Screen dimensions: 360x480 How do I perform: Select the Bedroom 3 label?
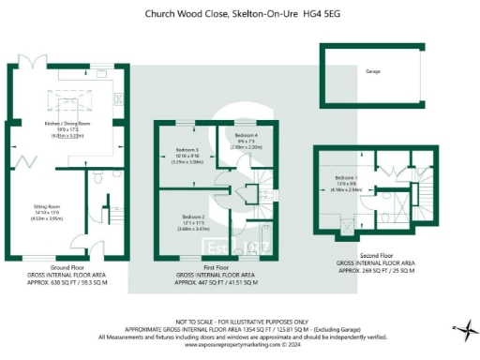click(x=187, y=150)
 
